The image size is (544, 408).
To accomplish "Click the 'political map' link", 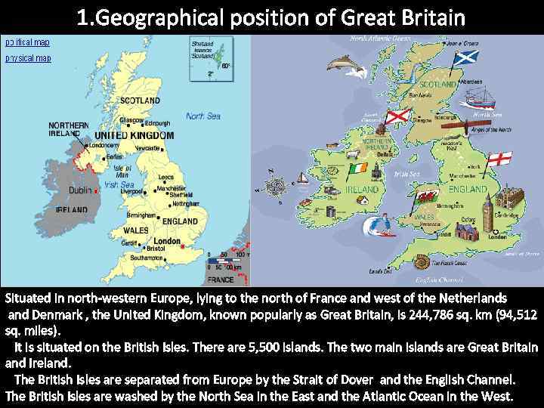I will (27, 42).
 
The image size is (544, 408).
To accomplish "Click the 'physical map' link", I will (28, 57).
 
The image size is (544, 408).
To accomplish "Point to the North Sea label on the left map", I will (203, 116).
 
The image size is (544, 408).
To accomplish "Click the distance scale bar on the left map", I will (224, 260).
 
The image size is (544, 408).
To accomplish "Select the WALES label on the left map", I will (135, 230).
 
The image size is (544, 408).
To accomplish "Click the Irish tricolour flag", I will (358, 167).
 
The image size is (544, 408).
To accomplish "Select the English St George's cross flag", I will (499, 159).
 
